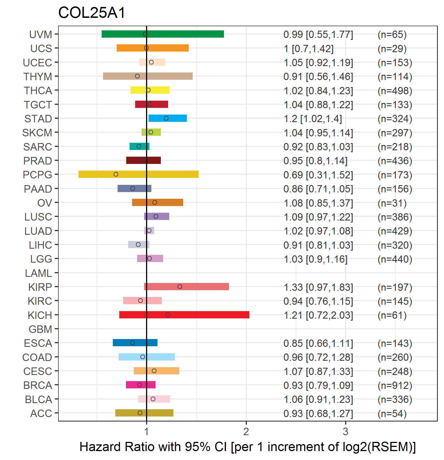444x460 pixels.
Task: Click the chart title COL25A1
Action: pyautogui.click(x=92, y=13)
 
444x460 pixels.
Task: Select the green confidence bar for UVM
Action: pyautogui.click(x=163, y=34)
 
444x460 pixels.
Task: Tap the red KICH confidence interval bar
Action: pyautogui.click(x=184, y=315)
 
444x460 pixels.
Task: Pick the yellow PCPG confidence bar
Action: pyautogui.click(x=139, y=174)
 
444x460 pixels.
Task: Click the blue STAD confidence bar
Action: pyautogui.click(x=168, y=118)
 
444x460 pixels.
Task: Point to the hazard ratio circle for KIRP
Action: pyautogui.click(x=180, y=287)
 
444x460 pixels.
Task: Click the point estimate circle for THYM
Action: pyautogui.click(x=137, y=76)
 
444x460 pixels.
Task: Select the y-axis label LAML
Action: pyautogui.click(x=39, y=273)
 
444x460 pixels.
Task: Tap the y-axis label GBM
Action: pyautogui.click(x=40, y=329)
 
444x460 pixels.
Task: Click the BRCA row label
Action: pyautogui.click(x=38, y=385)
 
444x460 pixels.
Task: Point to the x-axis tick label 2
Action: pyautogui.click(x=246, y=432)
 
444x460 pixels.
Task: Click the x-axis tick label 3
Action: pyautogui.click(x=345, y=432)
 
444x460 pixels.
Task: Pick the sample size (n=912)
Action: pyautogui.click(x=395, y=385)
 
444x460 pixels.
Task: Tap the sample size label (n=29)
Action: pyautogui.click(x=392, y=49)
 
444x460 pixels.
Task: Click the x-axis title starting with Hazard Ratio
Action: pyautogui.click(x=248, y=447)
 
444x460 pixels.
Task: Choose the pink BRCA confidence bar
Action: pyautogui.click(x=141, y=385)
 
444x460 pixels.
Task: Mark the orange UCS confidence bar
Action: pyautogui.click(x=153, y=48)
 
